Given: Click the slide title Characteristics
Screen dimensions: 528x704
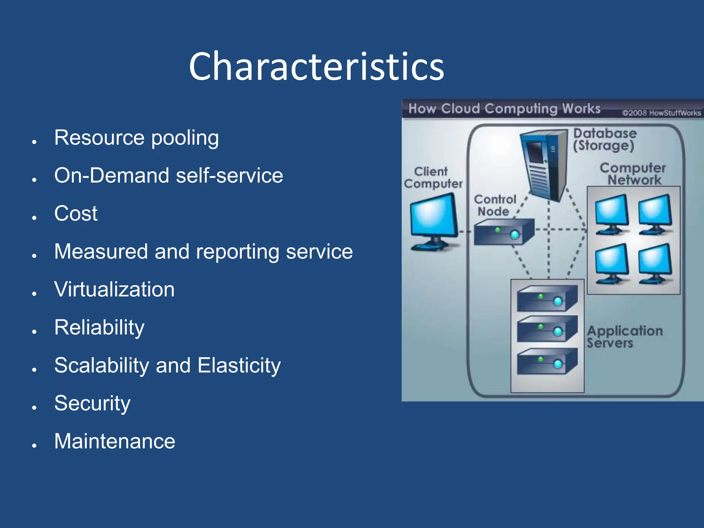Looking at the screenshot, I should click(x=316, y=67).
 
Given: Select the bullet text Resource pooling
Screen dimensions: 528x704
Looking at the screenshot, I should click(x=136, y=138).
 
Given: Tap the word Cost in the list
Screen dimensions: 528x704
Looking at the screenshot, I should click(x=76, y=213).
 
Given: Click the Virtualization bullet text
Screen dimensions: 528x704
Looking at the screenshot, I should click(x=114, y=289).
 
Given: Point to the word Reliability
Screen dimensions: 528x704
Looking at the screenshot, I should click(x=99, y=328).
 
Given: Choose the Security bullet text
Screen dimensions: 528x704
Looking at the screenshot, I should click(x=92, y=403).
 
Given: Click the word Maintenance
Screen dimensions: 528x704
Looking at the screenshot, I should click(x=114, y=441).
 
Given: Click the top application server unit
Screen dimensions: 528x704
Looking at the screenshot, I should click(x=547, y=298).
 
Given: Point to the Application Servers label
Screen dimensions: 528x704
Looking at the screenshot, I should click(x=624, y=337).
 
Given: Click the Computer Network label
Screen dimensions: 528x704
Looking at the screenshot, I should click(x=633, y=174).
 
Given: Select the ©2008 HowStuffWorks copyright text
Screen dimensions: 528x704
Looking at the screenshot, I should click(x=661, y=113).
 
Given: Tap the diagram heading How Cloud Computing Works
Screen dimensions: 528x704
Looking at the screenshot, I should click(x=504, y=109).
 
